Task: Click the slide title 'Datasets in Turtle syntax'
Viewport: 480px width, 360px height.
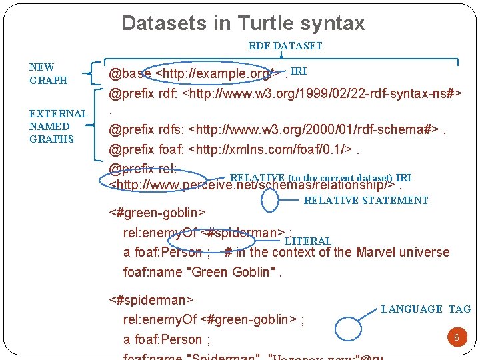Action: coord(243,23)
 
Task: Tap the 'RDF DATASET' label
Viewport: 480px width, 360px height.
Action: coord(285,46)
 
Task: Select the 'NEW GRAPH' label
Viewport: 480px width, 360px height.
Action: coord(48,73)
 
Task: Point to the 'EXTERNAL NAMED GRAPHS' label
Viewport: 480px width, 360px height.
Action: coord(57,126)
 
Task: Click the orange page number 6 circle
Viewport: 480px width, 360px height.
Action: coord(457,337)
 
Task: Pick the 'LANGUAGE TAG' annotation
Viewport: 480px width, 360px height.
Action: coord(425,309)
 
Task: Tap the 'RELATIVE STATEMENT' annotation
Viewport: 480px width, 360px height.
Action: coord(366,200)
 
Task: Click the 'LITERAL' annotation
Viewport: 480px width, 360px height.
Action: coord(307,241)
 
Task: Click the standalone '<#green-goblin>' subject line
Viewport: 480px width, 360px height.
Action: coord(157,213)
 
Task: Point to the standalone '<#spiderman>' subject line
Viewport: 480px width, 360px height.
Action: coord(151,300)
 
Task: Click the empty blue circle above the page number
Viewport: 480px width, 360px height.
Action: coord(351,329)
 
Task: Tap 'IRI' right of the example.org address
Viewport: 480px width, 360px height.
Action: coord(299,71)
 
